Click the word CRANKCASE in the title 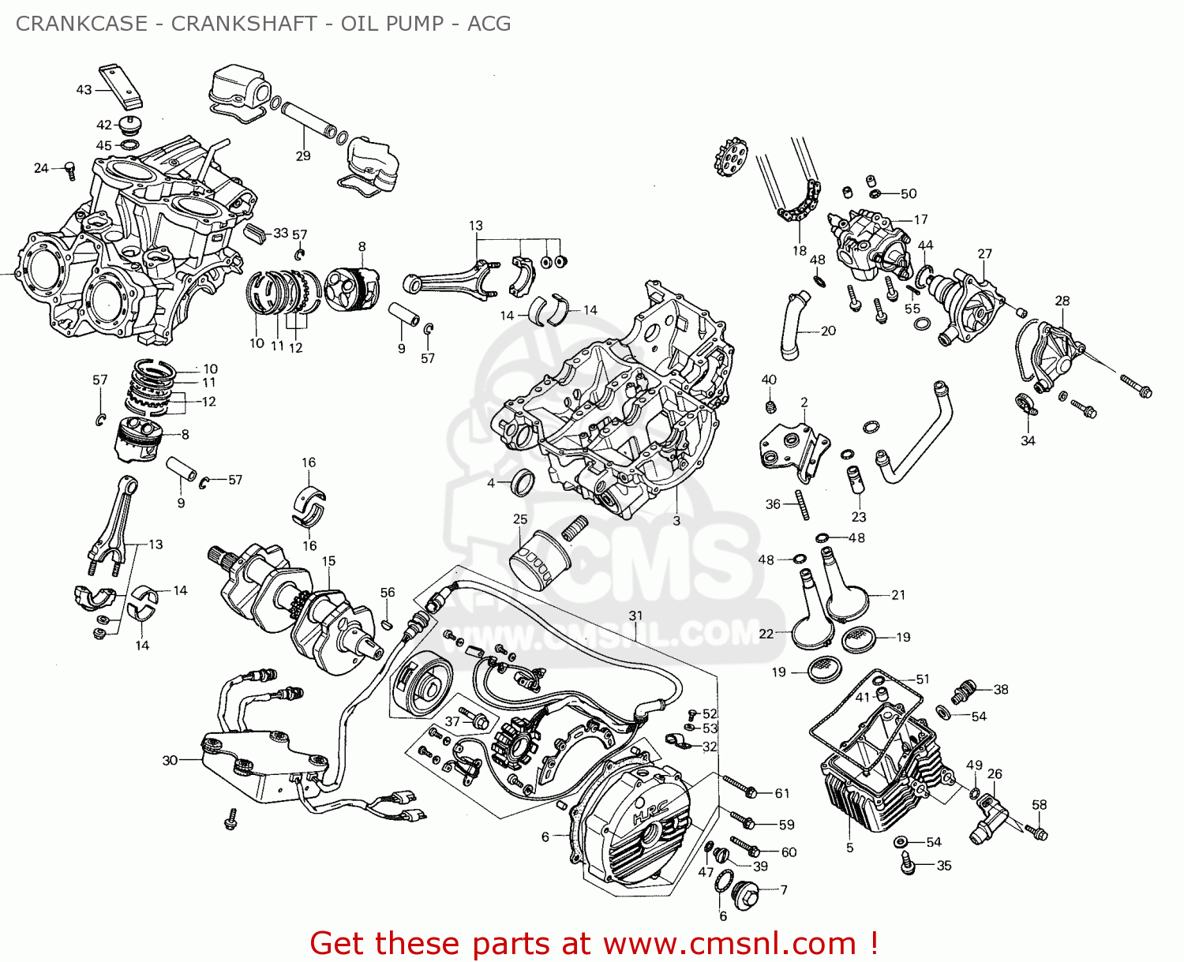82,24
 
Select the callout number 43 84,90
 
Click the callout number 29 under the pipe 303,156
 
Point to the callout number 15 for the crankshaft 328,561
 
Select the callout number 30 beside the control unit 170,761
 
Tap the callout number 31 635,616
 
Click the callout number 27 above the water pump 984,254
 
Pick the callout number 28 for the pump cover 1062,301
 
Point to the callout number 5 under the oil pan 849,848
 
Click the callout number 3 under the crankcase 676,521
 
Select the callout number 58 1039,805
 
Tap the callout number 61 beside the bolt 781,794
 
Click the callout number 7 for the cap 783,890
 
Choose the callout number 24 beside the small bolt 41,168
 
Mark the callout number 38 1000,690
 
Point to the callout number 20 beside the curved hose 828,331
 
